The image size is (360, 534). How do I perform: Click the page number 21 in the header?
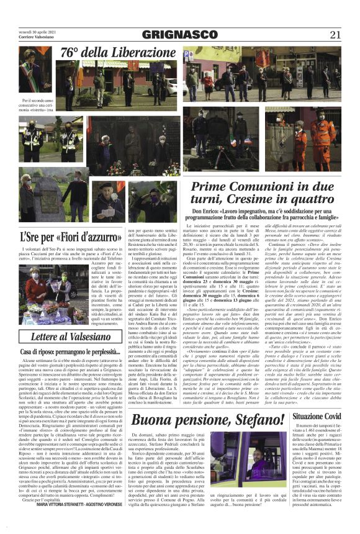335,35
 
